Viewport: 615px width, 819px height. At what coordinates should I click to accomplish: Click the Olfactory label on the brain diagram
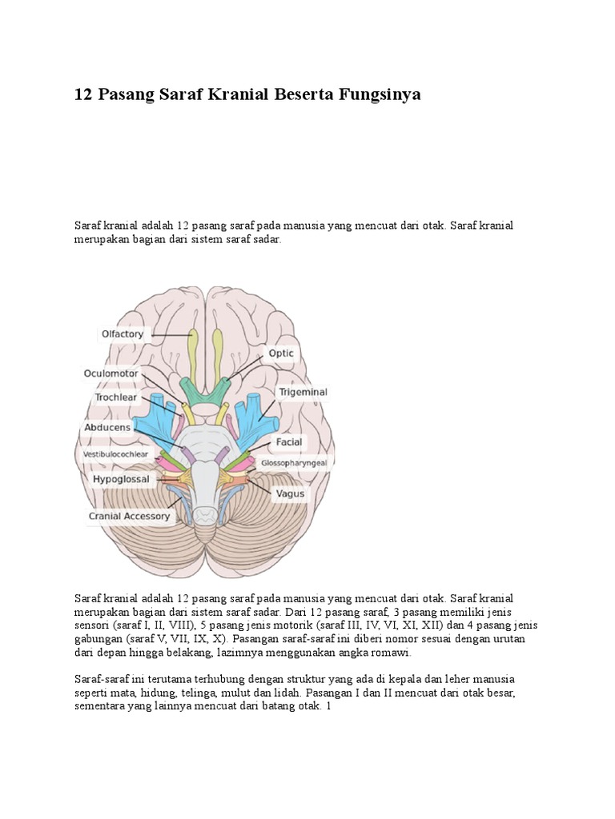(123, 334)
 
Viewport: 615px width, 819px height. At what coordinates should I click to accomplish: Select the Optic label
(281, 353)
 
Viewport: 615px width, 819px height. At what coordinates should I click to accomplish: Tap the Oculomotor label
(111, 373)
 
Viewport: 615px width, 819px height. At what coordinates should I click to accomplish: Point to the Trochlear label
(116, 397)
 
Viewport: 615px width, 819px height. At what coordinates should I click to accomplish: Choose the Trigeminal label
(302, 392)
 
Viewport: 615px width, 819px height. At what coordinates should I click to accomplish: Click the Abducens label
(107, 427)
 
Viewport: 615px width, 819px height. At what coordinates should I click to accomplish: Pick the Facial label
(288, 441)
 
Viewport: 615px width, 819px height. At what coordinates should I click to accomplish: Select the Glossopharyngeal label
(294, 461)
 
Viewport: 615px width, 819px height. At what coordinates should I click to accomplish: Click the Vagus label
(290, 493)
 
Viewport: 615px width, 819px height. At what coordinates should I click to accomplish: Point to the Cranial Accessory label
(129, 516)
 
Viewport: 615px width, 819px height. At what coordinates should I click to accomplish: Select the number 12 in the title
(82, 94)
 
